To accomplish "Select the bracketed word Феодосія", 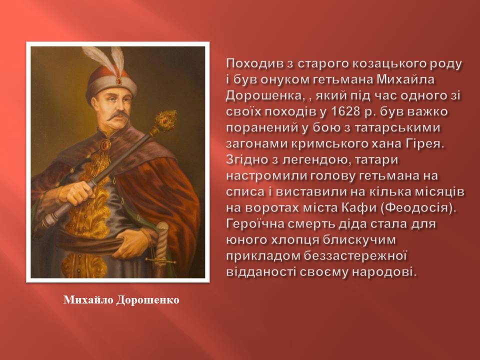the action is coord(419,207).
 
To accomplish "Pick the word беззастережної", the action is coord(355,256).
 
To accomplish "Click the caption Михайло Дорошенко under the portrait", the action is coord(121,299).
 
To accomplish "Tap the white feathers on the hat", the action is coord(105,59).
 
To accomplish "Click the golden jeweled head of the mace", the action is coord(165,120).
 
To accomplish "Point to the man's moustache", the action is coord(119,115).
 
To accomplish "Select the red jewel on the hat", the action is coord(118,81).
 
